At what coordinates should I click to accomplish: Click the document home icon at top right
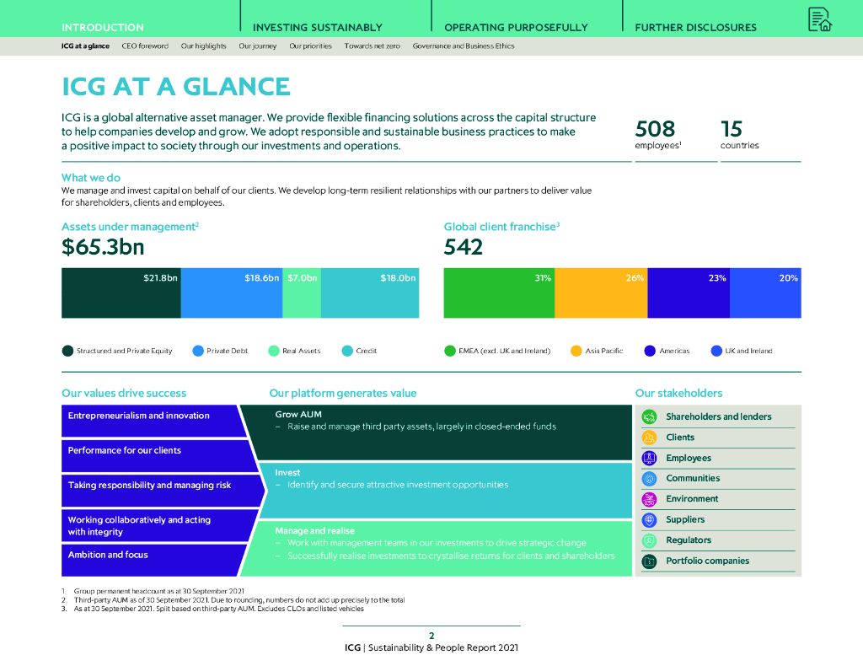tap(819, 19)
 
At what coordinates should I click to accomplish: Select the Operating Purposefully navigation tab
tap(516, 27)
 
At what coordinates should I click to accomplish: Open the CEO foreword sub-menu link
tap(145, 46)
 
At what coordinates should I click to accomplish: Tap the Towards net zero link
tap(372, 46)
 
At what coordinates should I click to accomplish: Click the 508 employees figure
tap(655, 128)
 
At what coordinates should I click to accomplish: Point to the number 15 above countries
tap(732, 128)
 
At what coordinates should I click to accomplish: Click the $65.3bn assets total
tap(103, 247)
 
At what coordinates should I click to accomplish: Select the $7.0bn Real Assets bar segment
tap(302, 293)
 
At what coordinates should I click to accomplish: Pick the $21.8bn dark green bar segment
tap(121, 293)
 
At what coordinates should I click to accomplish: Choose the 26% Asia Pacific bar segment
tap(600, 293)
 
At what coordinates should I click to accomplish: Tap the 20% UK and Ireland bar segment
tap(764, 293)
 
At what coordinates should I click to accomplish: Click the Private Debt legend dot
tap(198, 351)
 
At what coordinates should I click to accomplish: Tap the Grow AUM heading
tap(298, 414)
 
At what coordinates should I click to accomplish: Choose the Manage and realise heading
tap(314, 530)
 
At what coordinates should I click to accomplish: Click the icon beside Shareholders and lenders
tap(649, 416)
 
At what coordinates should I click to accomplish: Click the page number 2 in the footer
tap(431, 636)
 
